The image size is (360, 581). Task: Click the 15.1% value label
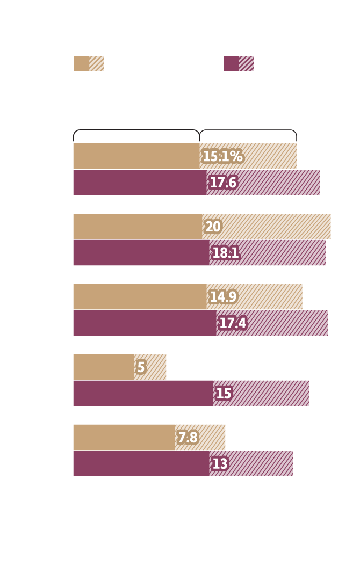pyautogui.click(x=222, y=157)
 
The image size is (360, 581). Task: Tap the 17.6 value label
pyautogui.click(x=223, y=183)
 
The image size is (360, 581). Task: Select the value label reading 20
pyautogui.click(x=213, y=227)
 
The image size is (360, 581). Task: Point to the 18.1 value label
pyautogui.click(x=226, y=253)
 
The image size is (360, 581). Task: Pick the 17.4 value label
pyautogui.click(x=233, y=324)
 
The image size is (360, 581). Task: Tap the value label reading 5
pyautogui.click(x=141, y=368)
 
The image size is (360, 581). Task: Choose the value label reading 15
pyautogui.click(x=224, y=394)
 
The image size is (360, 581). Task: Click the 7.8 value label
pyautogui.click(x=188, y=438)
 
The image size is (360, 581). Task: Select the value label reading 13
pyautogui.click(x=220, y=464)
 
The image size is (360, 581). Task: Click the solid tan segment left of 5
pyautogui.click(x=104, y=367)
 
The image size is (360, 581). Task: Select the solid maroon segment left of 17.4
pyautogui.click(x=145, y=323)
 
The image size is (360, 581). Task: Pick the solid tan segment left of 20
pyautogui.click(x=138, y=227)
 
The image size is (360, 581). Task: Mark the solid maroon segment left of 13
pyautogui.click(x=141, y=464)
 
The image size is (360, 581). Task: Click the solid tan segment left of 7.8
pyautogui.click(x=124, y=438)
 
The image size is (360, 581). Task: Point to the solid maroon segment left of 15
pyautogui.click(x=143, y=394)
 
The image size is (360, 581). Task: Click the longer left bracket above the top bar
pyautogui.click(x=136, y=130)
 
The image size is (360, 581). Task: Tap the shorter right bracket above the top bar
pyautogui.click(x=248, y=130)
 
